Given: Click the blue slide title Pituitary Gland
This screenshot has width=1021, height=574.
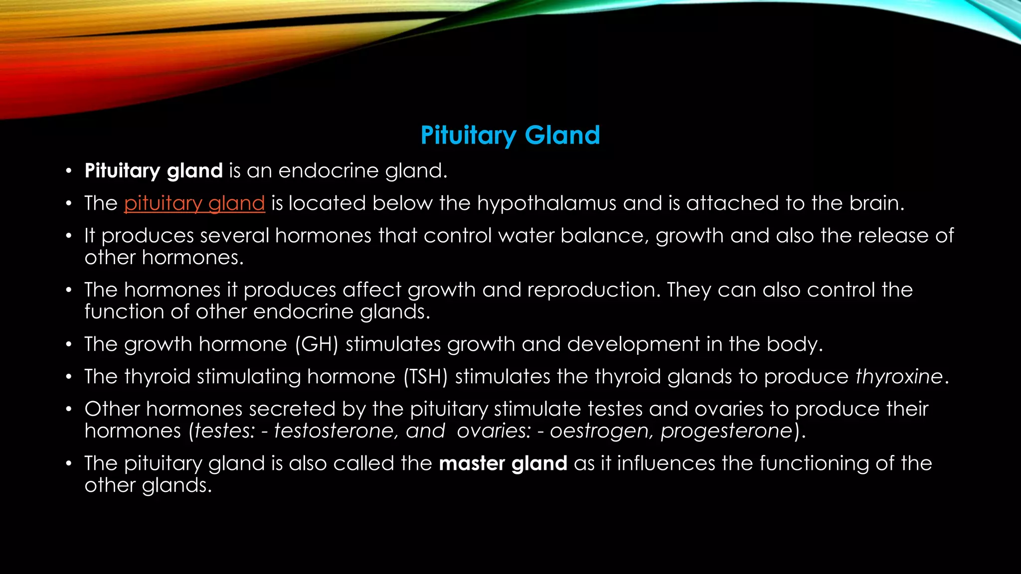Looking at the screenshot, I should (x=510, y=136).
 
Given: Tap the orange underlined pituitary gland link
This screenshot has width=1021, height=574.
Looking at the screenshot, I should (x=194, y=203).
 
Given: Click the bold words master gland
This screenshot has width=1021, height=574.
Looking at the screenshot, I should (x=503, y=463).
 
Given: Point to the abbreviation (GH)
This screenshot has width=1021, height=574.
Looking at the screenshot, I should (x=317, y=344).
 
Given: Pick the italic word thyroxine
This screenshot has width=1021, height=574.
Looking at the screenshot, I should (x=899, y=377).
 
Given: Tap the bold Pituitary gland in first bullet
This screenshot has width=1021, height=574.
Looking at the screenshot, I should (x=154, y=171).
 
